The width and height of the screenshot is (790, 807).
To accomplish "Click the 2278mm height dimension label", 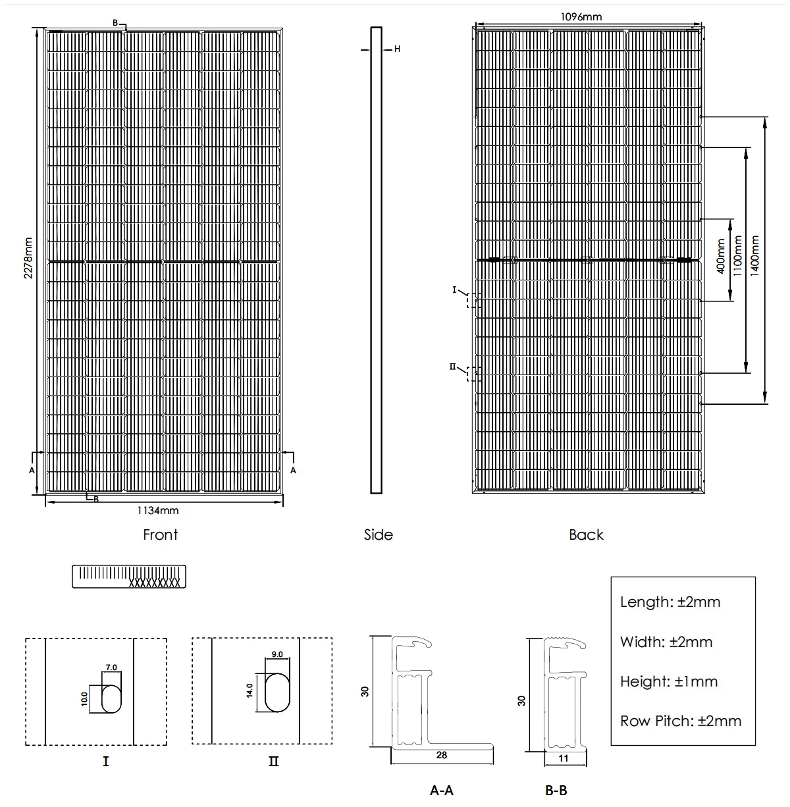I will [x=28, y=258].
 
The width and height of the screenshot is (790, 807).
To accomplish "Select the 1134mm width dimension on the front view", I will [x=158, y=510].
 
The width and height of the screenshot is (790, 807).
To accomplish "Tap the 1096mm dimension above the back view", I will [x=581, y=17].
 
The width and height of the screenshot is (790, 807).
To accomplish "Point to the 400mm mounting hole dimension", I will [x=721, y=257].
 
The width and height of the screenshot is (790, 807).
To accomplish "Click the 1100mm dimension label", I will [x=737, y=257].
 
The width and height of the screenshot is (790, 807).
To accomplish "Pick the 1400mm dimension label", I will [x=755, y=257].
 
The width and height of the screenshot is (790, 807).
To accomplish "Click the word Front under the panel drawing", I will [x=161, y=534].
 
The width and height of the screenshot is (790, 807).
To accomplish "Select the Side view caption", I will [x=378, y=534].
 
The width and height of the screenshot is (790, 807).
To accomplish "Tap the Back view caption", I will [x=586, y=534].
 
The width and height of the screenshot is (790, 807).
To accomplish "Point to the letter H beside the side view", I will [x=397, y=49].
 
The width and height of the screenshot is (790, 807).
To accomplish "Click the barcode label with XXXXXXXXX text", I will [x=129, y=576].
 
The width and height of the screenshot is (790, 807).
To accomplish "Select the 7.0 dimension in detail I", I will [x=111, y=667].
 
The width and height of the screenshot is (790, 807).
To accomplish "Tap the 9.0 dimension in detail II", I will [x=276, y=654].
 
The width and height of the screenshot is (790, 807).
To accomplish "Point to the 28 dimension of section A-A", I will [x=442, y=755].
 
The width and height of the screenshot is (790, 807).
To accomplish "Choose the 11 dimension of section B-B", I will [x=564, y=758].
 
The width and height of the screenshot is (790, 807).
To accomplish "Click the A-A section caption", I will [x=442, y=790].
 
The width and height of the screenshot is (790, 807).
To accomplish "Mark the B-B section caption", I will [x=556, y=790].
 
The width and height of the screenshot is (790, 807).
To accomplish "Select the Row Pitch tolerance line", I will [x=681, y=721].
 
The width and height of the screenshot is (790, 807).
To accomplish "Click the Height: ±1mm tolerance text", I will [x=669, y=681].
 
